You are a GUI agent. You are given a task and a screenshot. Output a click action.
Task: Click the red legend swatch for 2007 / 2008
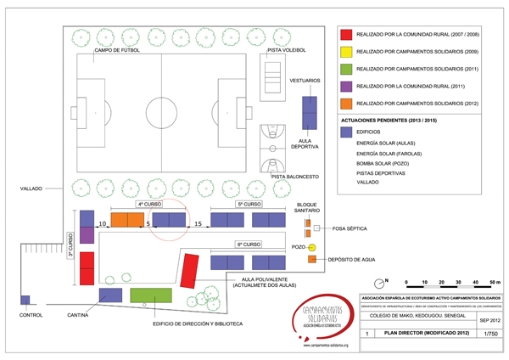346,35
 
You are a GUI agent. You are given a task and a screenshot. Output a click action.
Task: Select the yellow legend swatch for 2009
346,52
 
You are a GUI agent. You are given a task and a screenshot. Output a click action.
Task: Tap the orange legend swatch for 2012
346,103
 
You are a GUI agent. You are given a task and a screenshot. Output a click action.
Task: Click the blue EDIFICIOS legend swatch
346,132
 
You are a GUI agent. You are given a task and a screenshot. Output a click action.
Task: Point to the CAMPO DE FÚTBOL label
116,50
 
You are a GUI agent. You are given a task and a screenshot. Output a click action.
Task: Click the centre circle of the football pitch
159,110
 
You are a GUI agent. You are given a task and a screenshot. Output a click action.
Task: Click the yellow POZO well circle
311,247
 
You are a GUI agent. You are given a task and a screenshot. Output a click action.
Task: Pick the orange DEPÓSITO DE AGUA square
311,258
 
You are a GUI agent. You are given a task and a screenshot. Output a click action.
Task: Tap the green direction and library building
151,295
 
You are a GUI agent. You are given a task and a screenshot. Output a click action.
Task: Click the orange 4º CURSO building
127,220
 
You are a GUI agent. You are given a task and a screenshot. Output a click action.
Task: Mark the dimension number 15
198,223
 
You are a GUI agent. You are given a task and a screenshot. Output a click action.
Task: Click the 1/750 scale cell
487,335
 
